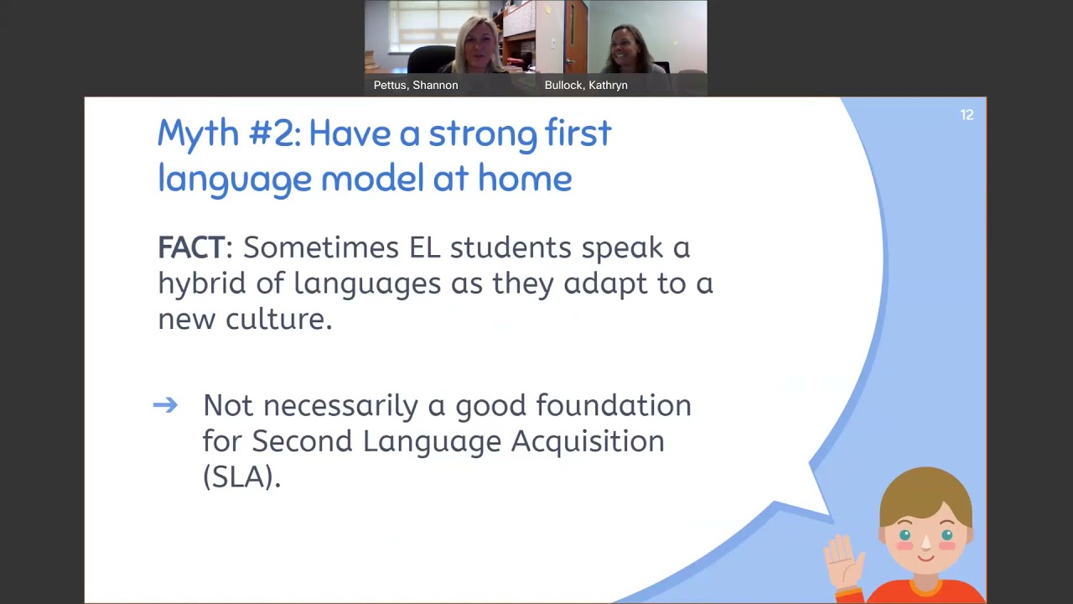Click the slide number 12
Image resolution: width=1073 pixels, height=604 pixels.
967,115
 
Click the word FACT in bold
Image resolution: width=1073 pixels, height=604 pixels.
191,247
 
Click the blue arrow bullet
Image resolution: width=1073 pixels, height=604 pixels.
165,406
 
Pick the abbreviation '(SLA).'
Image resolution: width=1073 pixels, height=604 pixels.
241,476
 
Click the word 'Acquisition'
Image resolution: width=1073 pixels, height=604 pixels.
587,441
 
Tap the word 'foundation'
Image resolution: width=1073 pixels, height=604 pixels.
613,406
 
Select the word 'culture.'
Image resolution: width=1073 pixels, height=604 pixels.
278,320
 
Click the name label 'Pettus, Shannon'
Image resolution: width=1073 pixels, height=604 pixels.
416,85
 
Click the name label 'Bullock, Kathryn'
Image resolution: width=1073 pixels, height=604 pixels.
586,85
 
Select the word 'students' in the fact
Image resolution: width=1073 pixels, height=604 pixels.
511,247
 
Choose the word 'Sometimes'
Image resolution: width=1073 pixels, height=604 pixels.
321,247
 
